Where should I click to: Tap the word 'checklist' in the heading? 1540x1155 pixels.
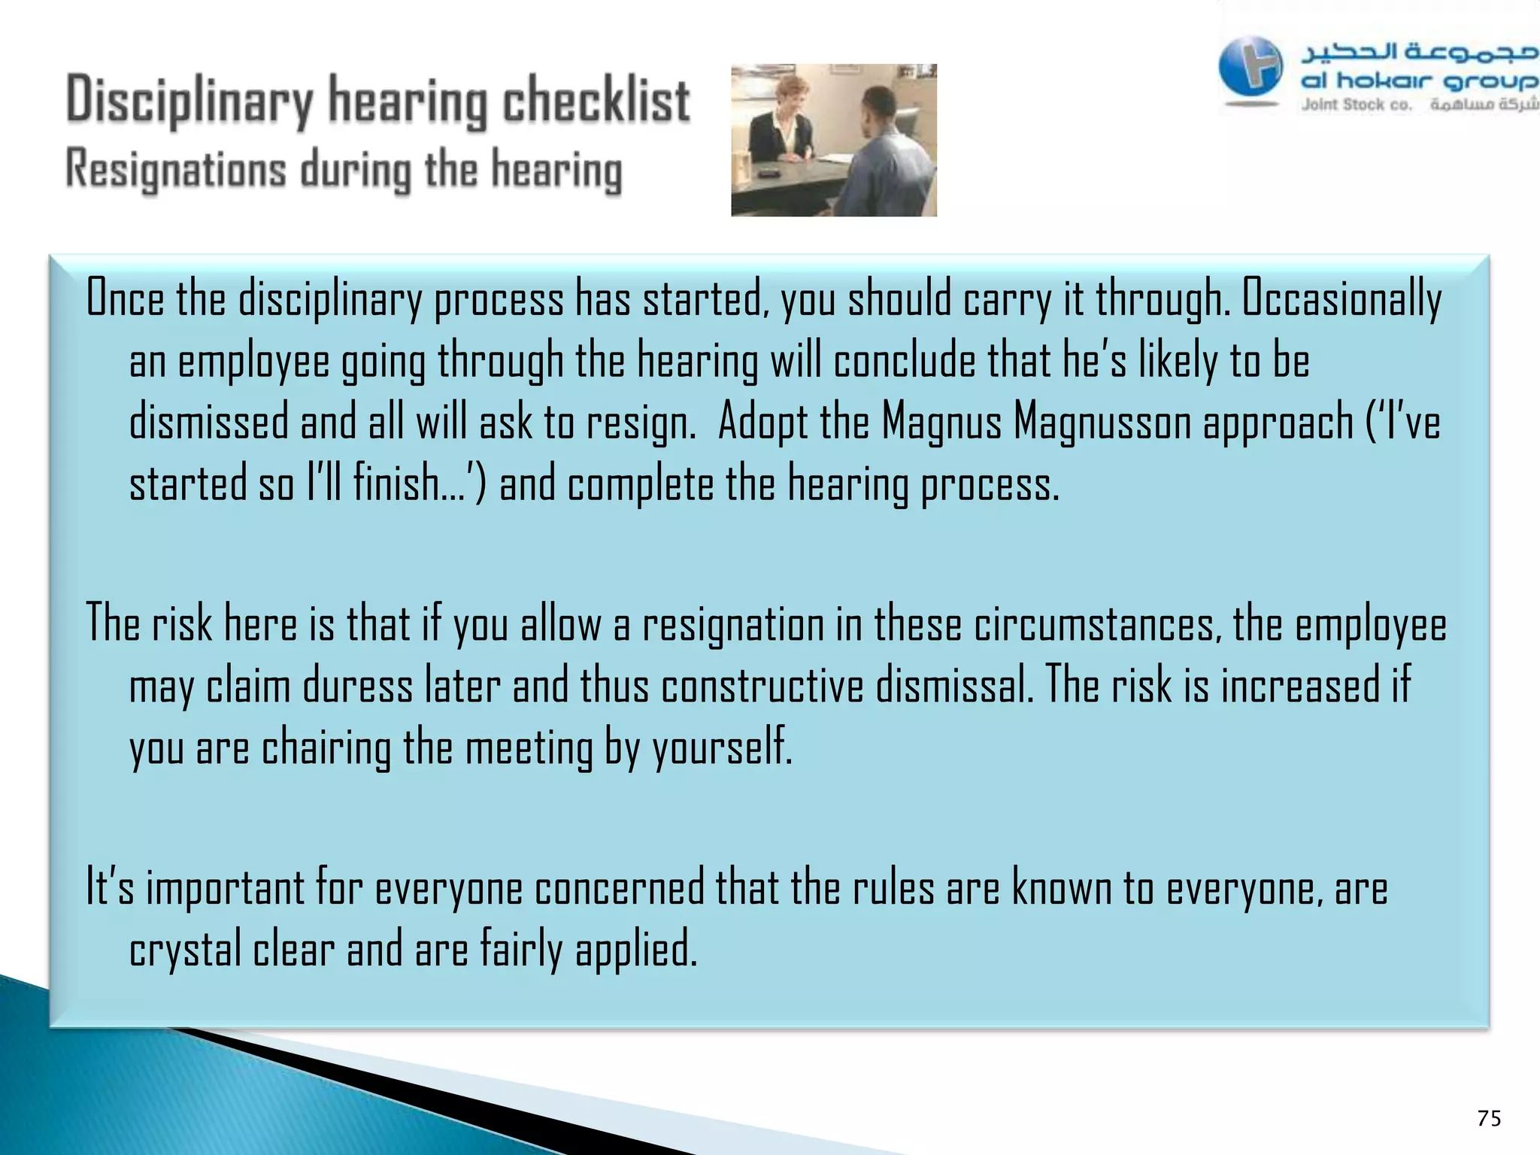(x=596, y=101)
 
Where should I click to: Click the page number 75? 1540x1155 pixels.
(x=1488, y=1118)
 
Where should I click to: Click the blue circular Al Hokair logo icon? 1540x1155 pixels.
(x=1250, y=66)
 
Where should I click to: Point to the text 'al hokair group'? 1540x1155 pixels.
(x=1418, y=80)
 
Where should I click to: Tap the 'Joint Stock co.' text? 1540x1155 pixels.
(x=1357, y=105)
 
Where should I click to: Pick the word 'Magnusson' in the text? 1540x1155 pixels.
(x=1102, y=423)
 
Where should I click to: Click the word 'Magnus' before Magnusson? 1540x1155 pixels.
(x=941, y=423)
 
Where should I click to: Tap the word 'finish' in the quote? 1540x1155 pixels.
(x=396, y=484)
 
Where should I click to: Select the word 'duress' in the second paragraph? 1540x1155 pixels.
(x=358, y=687)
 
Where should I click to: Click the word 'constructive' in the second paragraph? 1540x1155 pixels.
(x=762, y=687)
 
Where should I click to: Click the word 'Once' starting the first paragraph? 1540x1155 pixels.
(x=125, y=299)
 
